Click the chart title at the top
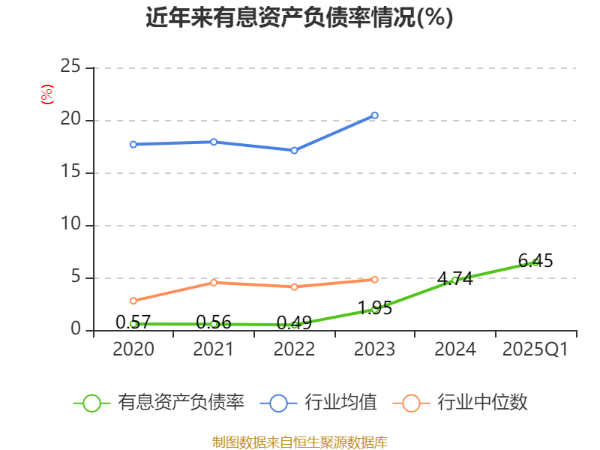click(299, 18)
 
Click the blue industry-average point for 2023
click(374, 115)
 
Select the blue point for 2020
click(133, 144)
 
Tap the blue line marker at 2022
click(294, 150)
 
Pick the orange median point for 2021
click(214, 282)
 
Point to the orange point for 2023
click(374, 279)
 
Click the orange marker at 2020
click(133, 301)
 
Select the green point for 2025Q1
click(535, 262)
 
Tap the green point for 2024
click(454, 280)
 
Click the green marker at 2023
click(374, 308)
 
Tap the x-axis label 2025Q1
click(535, 349)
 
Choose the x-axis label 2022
click(294, 349)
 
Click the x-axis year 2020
click(133, 349)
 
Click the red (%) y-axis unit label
click(47, 95)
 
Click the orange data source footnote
click(299, 442)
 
